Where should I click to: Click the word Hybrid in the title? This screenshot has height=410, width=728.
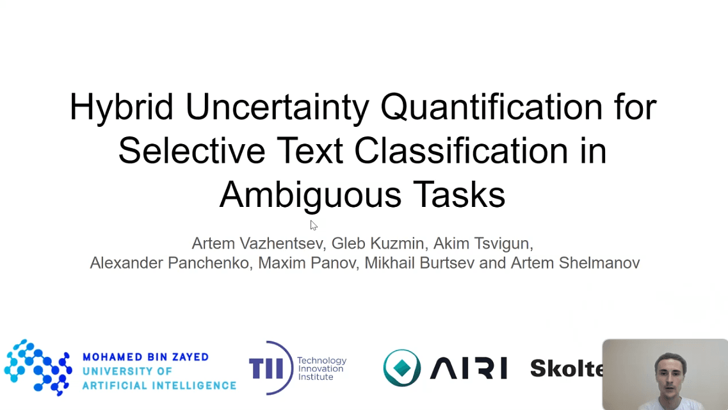121,108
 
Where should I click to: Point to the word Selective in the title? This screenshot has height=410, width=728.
191,151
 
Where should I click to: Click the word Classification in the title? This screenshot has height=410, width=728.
461,151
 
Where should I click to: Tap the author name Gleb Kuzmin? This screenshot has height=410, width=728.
378,243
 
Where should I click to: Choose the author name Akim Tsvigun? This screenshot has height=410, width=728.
481,243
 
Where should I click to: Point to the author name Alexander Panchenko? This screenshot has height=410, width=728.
169,263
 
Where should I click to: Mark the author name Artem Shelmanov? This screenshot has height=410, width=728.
575,263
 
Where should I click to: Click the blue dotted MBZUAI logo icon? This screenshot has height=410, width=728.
38,367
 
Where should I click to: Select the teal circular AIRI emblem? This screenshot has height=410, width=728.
401,368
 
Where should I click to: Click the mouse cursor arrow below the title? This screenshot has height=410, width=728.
313,225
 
